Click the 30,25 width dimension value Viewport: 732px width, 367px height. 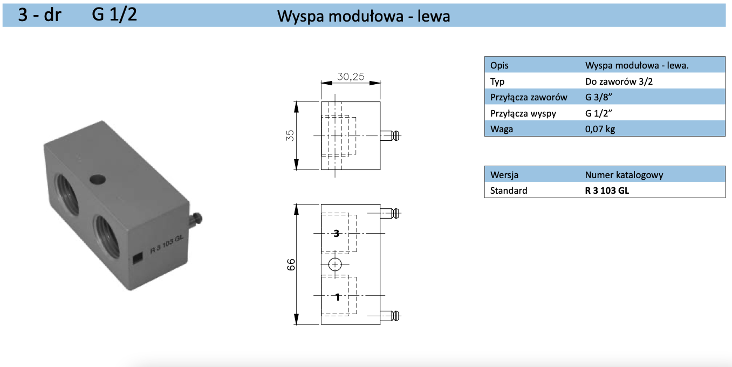tap(351, 77)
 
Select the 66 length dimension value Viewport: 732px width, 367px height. tap(291, 264)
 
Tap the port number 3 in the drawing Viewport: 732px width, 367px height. tap(337, 233)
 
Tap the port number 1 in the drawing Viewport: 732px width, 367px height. tap(337, 296)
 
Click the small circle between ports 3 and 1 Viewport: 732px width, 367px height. tap(335, 264)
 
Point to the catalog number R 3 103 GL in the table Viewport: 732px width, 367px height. tap(607, 190)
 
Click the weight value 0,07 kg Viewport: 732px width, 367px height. tap(600, 129)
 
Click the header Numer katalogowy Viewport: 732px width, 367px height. tap(624, 175)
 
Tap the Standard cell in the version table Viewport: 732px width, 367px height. tap(509, 190)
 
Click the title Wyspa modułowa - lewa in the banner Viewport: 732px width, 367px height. tap(364, 17)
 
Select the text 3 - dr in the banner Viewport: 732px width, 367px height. tap(40, 15)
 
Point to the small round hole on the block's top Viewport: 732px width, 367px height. tap(98, 179)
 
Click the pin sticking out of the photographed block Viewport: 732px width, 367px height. tap(197, 219)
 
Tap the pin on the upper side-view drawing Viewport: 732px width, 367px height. tap(391, 135)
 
